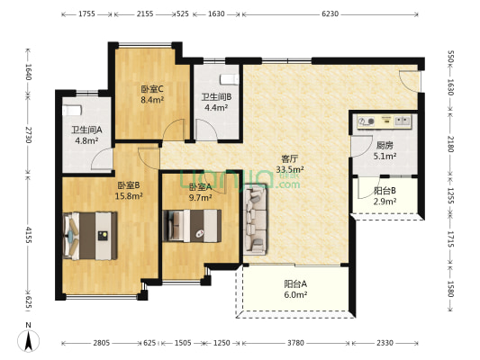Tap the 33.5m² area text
pyautogui.click(x=289, y=168)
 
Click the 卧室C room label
pyautogui.click(x=150, y=89)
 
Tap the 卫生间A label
pyautogui.click(x=86, y=130)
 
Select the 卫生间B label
pyautogui.click(x=216, y=97)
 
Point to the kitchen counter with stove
pyautogui.click(x=383, y=120)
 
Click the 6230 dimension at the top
pyautogui.click(x=330, y=14)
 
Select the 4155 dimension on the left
pyautogui.click(x=28, y=234)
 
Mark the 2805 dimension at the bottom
pyautogui.click(x=100, y=343)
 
